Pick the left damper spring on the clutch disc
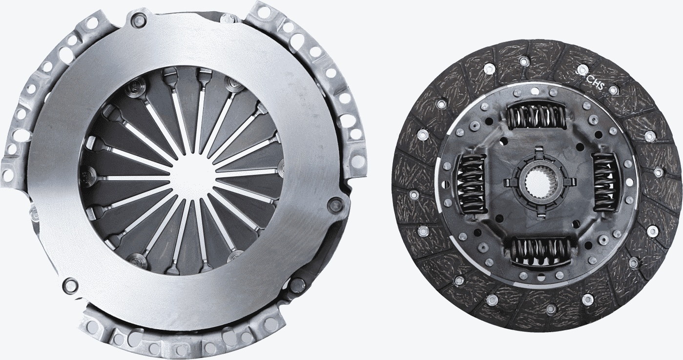point(471,183)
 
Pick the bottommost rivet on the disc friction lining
point(551,308)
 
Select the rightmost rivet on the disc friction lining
point(659,171)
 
